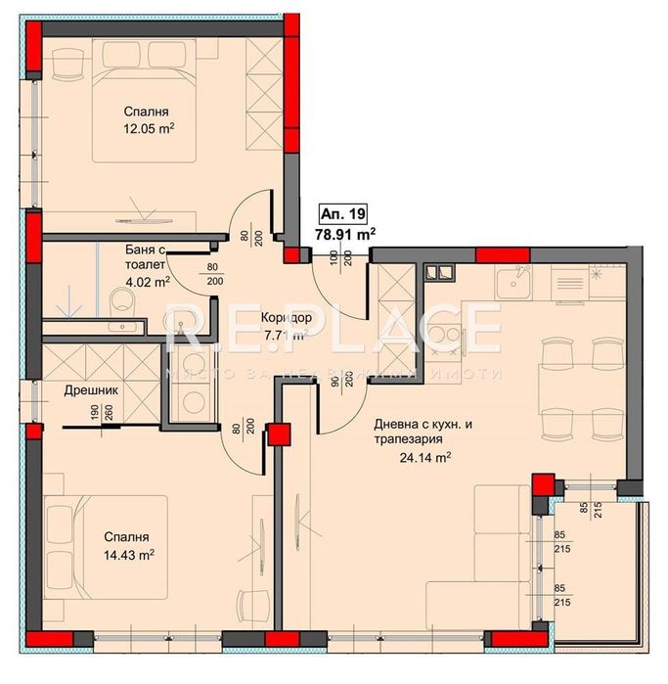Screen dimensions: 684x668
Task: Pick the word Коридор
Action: click(286, 319)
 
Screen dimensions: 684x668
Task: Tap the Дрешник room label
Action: click(93, 389)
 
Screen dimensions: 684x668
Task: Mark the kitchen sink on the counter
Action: click(511, 284)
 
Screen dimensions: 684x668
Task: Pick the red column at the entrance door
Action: click(292, 254)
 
